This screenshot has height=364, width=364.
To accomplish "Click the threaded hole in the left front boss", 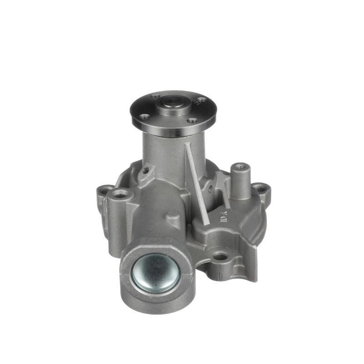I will point(121,195).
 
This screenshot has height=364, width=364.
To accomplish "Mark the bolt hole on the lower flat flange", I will point(220,257).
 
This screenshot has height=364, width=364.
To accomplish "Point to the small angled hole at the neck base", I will point(146,171).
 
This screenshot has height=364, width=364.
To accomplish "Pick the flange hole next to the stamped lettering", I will point(202,100).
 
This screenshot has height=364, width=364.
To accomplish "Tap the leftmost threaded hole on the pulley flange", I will point(145,117).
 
